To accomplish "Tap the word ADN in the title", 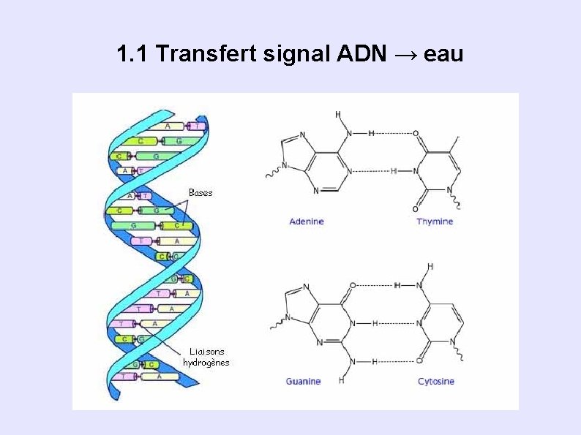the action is click(362, 54).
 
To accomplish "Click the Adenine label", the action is click(307, 222).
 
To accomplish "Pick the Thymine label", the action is click(435, 222).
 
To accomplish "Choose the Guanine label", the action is click(303, 381).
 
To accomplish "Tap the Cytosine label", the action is click(436, 381).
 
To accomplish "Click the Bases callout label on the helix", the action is click(200, 192).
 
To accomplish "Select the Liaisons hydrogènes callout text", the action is click(206, 357).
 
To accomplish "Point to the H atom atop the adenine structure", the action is click(338, 114).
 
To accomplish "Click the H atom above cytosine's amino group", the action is click(430, 266).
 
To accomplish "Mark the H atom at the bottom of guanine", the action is click(341, 380).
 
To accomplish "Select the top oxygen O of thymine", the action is click(416, 134).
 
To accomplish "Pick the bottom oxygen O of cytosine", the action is click(419, 361).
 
